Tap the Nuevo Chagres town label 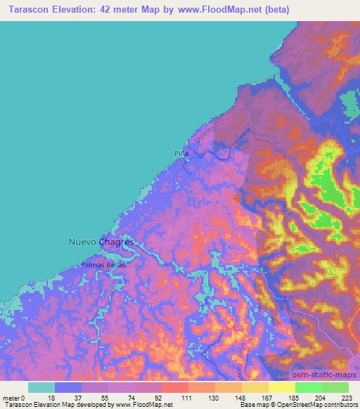pos(101,242)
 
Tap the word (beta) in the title pos(274,10)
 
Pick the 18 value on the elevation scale pos(56,398)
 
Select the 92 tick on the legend pos(162,398)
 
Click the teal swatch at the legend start pos(41,387)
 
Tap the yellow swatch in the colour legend pos(281,387)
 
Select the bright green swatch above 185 pos(308,387)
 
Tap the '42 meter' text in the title pos(127,10)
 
